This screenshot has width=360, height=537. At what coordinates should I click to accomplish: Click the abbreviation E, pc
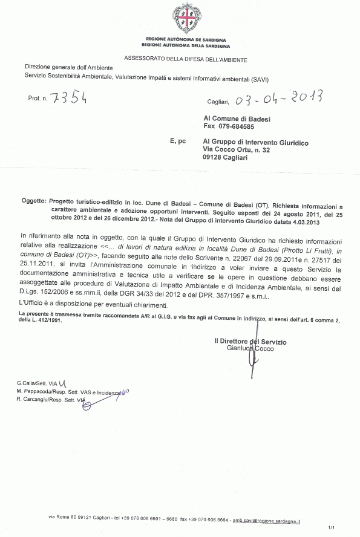coord(178,142)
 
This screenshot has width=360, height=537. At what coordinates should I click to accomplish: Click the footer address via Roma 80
coord(65,520)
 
